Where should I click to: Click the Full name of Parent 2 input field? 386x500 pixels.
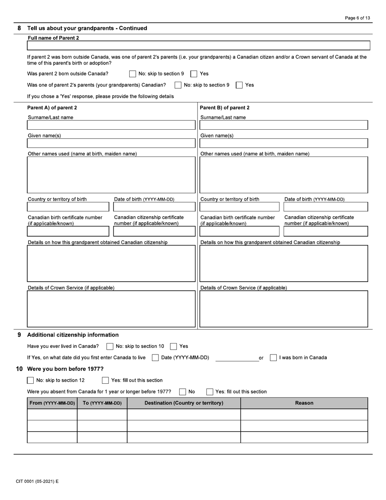(198, 45)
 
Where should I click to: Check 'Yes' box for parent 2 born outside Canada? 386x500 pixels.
(194, 74)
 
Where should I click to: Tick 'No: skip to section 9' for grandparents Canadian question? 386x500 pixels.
(178, 85)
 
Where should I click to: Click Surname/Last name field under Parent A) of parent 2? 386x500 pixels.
(111, 125)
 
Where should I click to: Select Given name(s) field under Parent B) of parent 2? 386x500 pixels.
(284, 143)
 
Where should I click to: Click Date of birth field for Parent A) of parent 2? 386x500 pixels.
(154, 207)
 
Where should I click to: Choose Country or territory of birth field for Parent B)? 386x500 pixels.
(239, 207)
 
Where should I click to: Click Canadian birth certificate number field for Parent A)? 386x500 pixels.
(68, 231)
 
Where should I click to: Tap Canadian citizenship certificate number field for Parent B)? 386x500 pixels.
(325, 231)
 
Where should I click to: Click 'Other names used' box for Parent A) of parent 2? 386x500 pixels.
(111, 175)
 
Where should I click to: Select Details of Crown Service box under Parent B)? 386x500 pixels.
(284, 309)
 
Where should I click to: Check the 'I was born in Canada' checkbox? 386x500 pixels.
(273, 358)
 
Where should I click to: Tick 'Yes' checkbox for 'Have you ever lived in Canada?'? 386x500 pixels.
(173, 346)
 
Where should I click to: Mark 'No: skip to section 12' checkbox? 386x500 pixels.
(30, 380)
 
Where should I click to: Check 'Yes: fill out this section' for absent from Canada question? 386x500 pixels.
(210, 392)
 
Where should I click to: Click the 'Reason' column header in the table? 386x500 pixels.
(304, 403)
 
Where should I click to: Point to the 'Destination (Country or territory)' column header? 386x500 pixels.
(184, 403)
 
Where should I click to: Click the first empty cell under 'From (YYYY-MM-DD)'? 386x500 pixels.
(52, 414)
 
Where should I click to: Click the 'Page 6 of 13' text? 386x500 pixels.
(357, 18)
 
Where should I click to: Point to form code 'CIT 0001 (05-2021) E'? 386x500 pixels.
(37, 481)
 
